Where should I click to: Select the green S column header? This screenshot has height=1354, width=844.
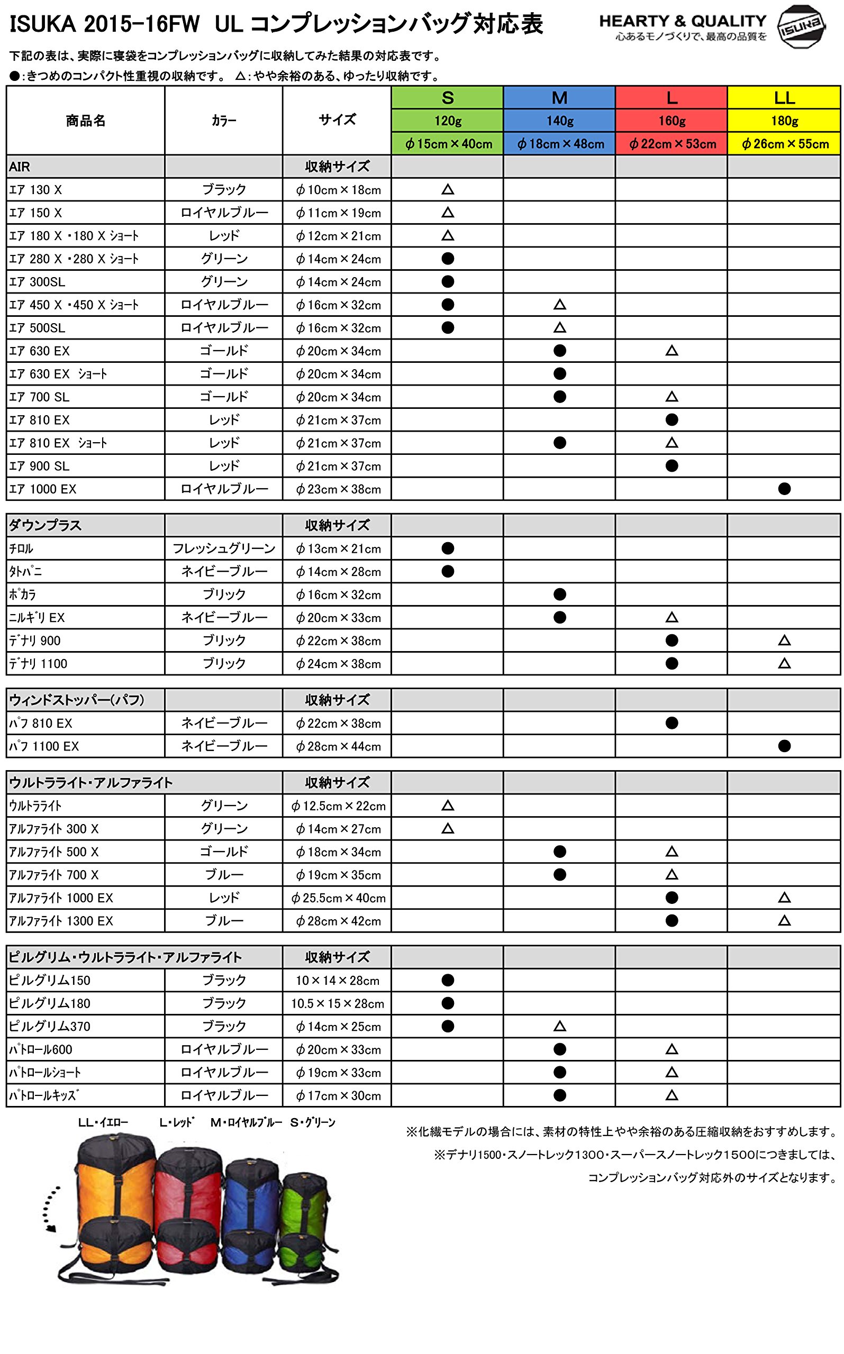click(447, 98)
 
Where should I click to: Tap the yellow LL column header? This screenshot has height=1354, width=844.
click(784, 98)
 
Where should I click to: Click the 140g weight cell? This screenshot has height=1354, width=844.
click(559, 121)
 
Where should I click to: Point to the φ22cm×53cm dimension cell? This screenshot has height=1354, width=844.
click(671, 144)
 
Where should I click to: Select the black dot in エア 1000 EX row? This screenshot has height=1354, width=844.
click(784, 489)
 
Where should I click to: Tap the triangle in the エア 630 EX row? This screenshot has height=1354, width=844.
click(671, 351)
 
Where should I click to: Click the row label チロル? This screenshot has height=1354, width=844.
click(22, 549)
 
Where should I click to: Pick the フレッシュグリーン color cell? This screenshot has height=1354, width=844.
click(224, 549)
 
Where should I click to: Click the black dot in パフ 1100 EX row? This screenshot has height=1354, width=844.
click(784, 746)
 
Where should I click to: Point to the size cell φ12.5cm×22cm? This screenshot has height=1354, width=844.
click(338, 806)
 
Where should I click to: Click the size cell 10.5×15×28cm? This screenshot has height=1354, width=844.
click(338, 1004)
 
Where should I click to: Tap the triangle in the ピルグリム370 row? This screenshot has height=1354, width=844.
click(559, 1027)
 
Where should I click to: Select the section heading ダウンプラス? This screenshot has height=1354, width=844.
click(45, 526)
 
